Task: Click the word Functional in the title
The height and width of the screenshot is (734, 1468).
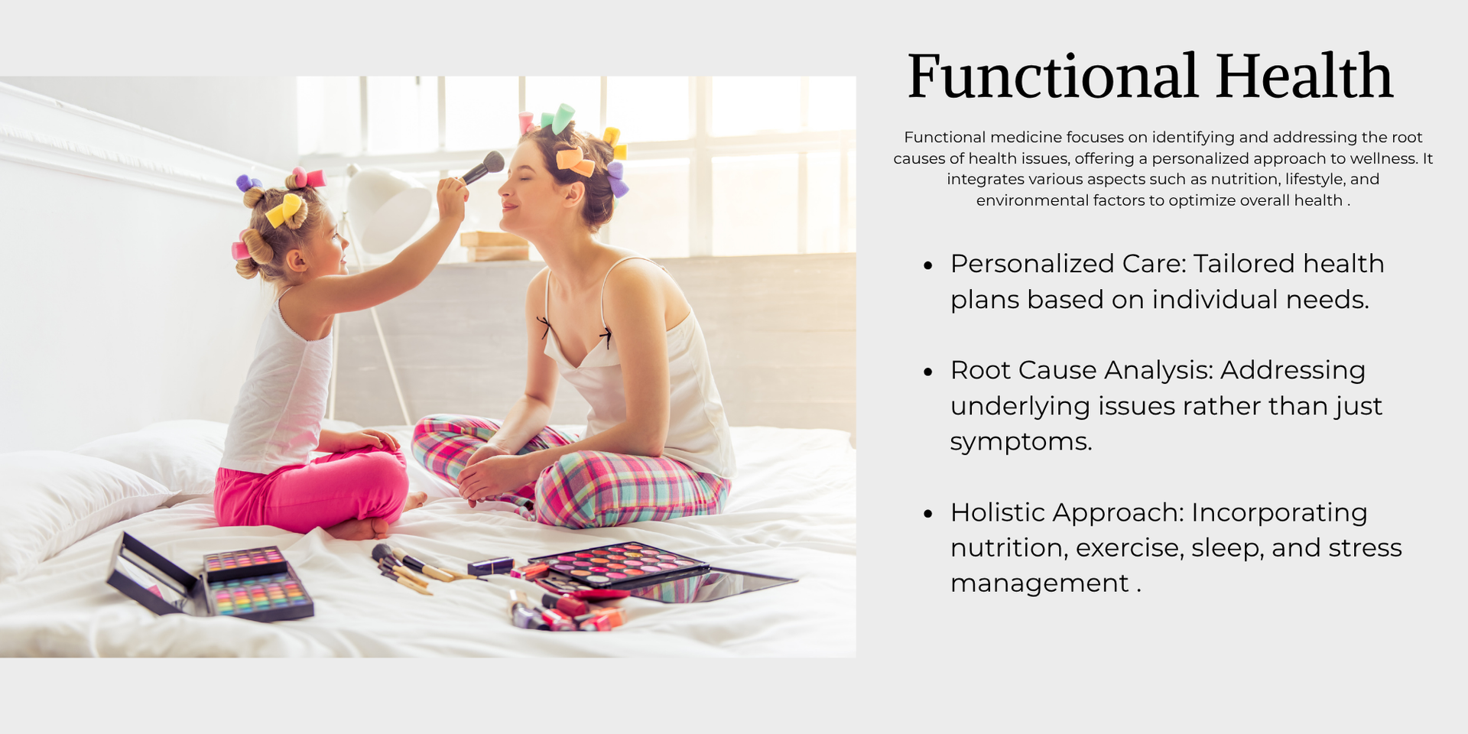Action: [1052, 76]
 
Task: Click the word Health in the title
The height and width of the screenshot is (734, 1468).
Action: [1304, 76]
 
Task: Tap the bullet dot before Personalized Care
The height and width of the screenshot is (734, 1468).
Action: [928, 266]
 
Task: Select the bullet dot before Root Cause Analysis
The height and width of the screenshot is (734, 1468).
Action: [928, 372]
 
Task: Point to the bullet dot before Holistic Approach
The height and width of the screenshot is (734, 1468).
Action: [928, 514]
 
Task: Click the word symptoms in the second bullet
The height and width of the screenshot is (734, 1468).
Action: [1021, 443]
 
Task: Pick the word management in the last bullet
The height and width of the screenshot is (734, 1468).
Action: [1040, 583]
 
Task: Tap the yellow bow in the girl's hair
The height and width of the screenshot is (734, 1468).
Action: [285, 209]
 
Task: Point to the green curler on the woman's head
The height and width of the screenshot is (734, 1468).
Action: [563, 119]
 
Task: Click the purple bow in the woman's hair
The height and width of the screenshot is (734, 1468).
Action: [617, 179]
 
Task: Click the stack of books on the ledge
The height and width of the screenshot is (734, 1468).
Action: [495, 246]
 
